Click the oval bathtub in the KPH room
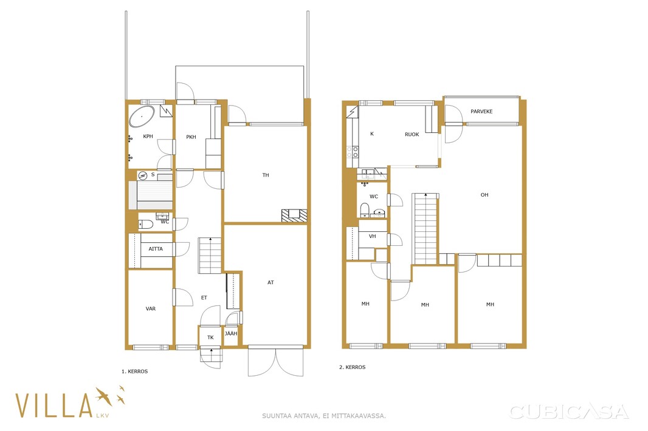click(x=142, y=117)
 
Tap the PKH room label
click(x=191, y=137)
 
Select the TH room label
click(x=266, y=175)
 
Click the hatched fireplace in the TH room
click(x=295, y=215)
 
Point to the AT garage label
click(x=271, y=282)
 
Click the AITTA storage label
click(x=156, y=249)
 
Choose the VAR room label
click(x=150, y=308)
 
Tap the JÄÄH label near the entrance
click(x=232, y=333)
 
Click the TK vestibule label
click(x=210, y=338)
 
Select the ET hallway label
click(x=204, y=297)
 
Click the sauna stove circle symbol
click(x=143, y=176)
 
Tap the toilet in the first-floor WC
click(x=145, y=224)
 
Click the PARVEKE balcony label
click(x=481, y=112)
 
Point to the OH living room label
click(x=484, y=195)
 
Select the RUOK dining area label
click(x=412, y=134)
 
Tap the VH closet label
click(x=373, y=237)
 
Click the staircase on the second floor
click(x=426, y=228)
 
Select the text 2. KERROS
click(x=353, y=367)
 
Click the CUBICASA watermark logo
click(x=569, y=412)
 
